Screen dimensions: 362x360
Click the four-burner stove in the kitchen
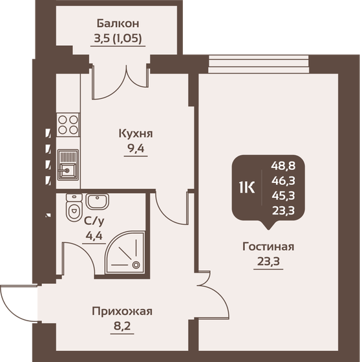[67, 124]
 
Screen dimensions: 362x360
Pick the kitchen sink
[67, 165]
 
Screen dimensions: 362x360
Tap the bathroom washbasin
[98, 202]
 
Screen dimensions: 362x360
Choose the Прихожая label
[122, 312]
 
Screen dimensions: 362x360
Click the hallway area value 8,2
[122, 326]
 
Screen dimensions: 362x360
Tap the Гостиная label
[268, 246]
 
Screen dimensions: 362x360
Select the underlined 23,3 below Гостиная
[268, 262]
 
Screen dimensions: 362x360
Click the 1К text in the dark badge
[247, 187]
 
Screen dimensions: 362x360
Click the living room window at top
[259, 63]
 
